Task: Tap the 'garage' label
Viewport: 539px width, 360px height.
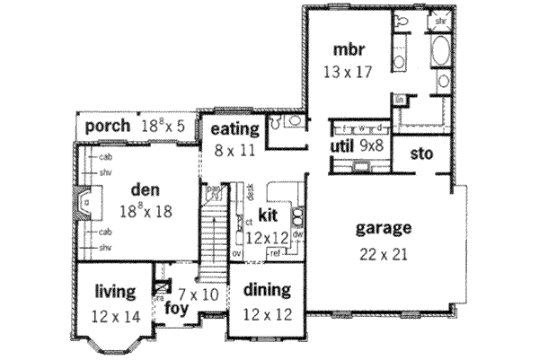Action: (x=382, y=227)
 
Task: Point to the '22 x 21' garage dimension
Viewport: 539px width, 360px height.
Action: (x=382, y=253)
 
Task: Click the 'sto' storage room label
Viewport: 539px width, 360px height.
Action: (x=421, y=154)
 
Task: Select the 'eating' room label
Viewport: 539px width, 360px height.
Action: (x=234, y=129)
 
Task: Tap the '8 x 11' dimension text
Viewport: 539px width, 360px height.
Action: (x=234, y=152)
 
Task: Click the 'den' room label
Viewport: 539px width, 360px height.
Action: (x=145, y=189)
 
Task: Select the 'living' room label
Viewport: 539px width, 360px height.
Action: (x=114, y=292)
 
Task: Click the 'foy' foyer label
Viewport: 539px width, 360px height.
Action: (x=176, y=310)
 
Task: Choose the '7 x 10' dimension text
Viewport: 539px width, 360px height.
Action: (x=199, y=294)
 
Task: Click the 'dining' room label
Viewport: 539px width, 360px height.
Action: (x=267, y=290)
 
